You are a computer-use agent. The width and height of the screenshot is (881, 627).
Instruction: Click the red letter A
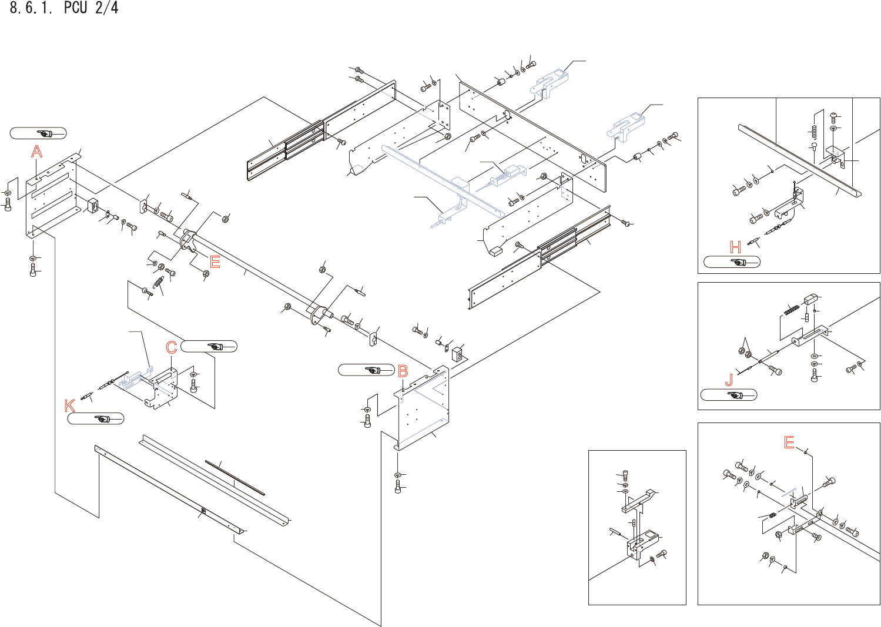click(37, 152)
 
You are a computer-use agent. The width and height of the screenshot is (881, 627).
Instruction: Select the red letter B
click(403, 371)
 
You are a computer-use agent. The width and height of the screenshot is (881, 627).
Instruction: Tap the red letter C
click(172, 347)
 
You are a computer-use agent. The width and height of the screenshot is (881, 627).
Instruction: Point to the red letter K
click(70, 405)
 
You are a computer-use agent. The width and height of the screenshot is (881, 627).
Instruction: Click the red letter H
click(735, 247)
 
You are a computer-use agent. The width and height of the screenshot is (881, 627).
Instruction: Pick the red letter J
click(729, 380)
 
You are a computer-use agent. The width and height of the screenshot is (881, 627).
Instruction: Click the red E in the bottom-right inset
click(789, 442)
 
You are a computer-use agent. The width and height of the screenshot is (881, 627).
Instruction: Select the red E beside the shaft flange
click(215, 262)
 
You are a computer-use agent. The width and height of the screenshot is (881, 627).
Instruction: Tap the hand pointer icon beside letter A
click(45, 133)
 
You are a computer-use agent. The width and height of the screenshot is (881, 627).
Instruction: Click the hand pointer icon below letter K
click(102, 419)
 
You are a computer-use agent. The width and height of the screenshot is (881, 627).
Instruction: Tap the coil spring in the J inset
click(791, 309)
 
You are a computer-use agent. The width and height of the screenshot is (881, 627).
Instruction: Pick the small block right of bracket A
click(93, 207)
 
